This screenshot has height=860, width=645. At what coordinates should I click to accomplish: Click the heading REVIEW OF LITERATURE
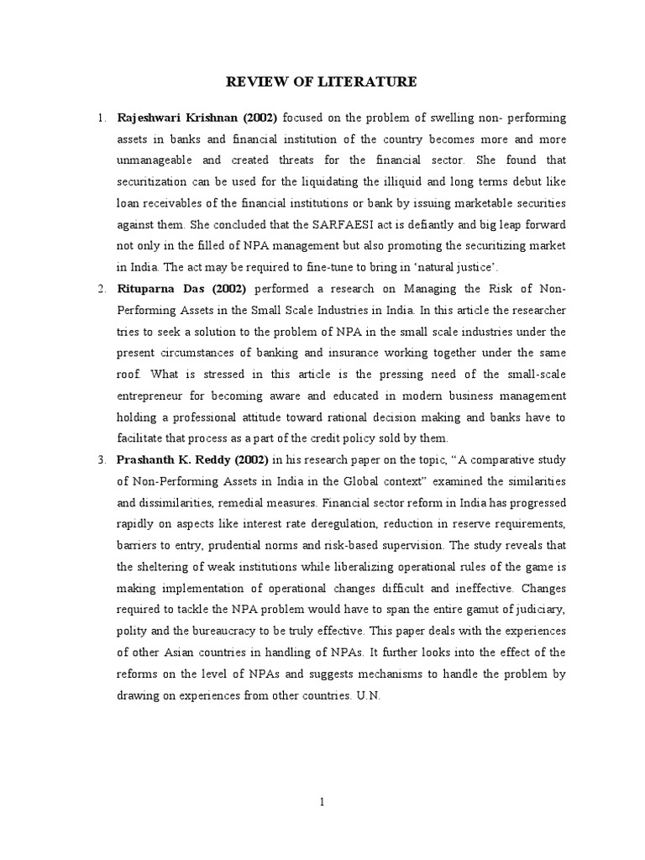tap(322, 81)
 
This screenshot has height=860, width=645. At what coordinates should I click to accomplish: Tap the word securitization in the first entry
tap(156, 181)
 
